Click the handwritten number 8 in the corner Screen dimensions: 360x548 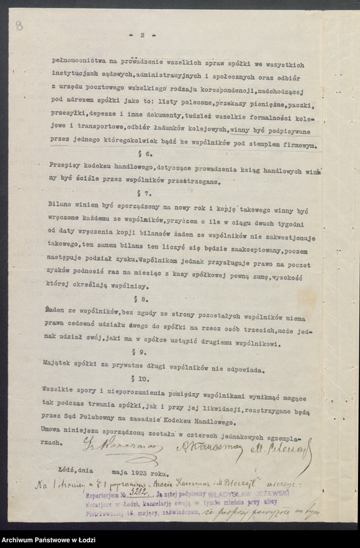[19, 25]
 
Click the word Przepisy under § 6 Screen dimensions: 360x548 [65, 168]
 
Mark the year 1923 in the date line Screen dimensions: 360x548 [157, 474]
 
